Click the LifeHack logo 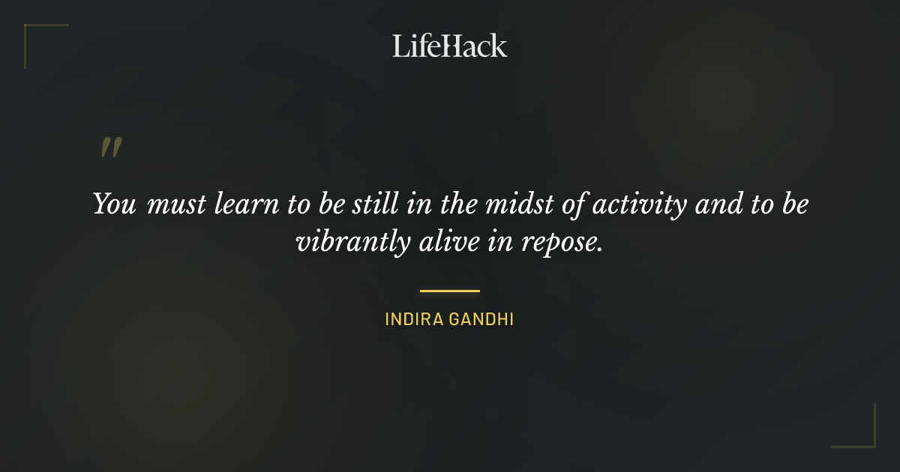pos(450,46)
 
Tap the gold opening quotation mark pos(110,148)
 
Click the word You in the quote pos(115,205)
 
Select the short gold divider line pos(450,291)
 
